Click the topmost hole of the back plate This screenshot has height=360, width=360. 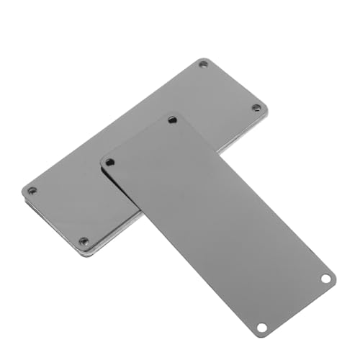pyautogui.click(x=203, y=65)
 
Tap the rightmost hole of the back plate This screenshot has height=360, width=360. pyautogui.click(x=256, y=108)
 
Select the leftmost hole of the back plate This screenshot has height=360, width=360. pyautogui.click(x=32, y=191)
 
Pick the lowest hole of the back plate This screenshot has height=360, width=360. pyautogui.click(x=84, y=241)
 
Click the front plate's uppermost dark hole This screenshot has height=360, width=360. pyautogui.click(x=172, y=120)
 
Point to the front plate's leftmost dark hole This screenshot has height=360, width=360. pyautogui.click(x=109, y=163)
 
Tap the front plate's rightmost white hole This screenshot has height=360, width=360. pyautogui.click(x=325, y=278)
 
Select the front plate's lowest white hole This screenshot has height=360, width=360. pyautogui.click(x=262, y=328)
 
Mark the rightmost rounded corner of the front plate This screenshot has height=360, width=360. pyautogui.click(x=334, y=277)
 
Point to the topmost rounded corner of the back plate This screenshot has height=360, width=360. pyautogui.click(x=205, y=58)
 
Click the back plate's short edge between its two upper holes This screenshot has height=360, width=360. pyautogui.click(x=235, y=83)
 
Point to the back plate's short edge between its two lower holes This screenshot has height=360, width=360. pyautogui.click(x=54, y=220)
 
